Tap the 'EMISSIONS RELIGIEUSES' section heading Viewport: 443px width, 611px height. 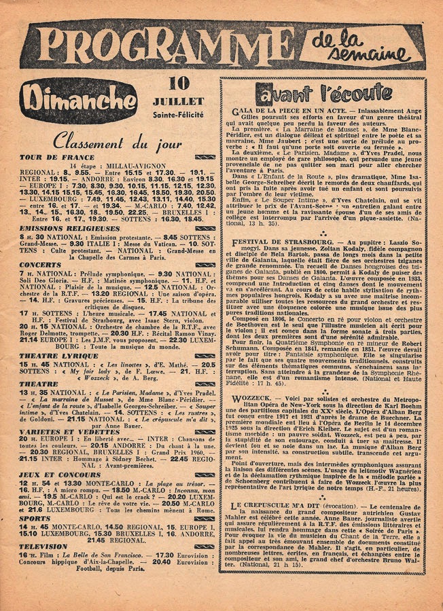tap(63, 228)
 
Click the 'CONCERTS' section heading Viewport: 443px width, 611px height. tap(40, 264)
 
